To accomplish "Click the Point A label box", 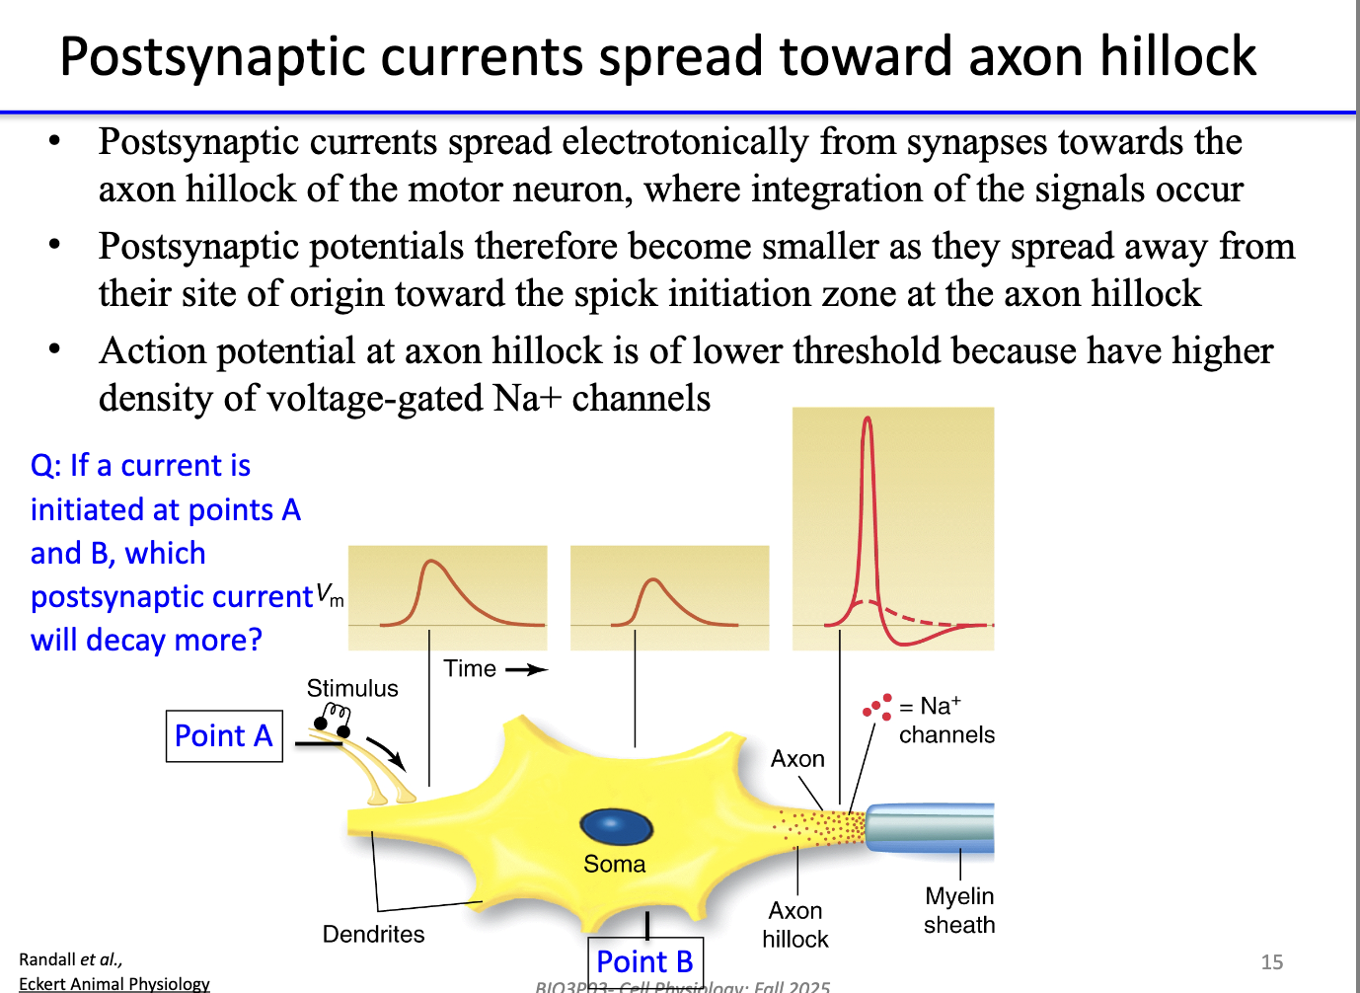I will coord(224,736).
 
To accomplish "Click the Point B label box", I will coord(645,961).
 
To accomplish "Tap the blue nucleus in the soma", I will coord(616,826).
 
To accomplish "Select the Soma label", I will coord(614,865).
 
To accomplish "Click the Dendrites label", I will coord(373,934).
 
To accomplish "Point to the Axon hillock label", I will coord(795,925).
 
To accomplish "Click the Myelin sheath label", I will coord(959,910).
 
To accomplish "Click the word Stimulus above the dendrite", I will coord(352,688).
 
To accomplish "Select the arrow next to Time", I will coord(527,670).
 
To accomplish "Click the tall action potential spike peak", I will coord(868,420).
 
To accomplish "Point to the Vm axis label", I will coord(330,595).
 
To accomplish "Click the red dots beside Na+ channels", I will coord(877,707).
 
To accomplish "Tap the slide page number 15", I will coord(1272,962).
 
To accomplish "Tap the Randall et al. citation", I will coord(70,959).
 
